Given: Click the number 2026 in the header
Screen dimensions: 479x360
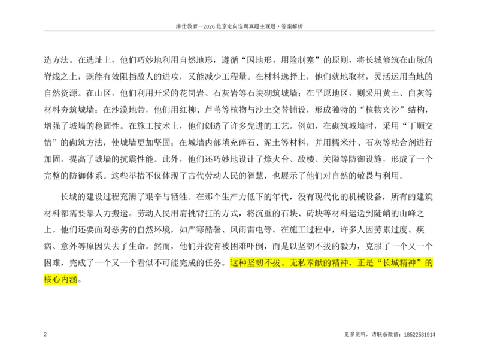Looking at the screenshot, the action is coord(209,26).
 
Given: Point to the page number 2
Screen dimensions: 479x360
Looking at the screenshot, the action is coord(46,334).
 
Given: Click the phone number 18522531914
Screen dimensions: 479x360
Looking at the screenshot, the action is coord(420,335).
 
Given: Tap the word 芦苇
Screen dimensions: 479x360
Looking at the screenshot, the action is coord(213,110).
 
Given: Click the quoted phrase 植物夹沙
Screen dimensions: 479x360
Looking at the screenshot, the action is coord(383,110).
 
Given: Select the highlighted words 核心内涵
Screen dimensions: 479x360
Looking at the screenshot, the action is coord(60,279).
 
